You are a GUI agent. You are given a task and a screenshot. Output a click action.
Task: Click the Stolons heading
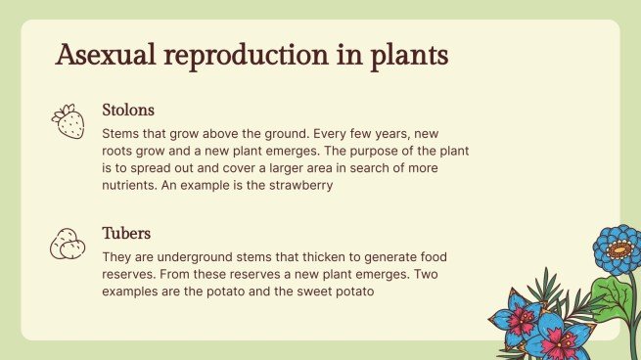(x=128, y=109)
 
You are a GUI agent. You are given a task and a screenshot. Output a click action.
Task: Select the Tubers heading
(x=126, y=234)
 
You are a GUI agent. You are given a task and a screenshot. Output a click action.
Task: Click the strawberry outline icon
(x=68, y=122)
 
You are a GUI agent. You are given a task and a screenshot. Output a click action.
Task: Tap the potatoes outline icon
(x=68, y=245)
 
